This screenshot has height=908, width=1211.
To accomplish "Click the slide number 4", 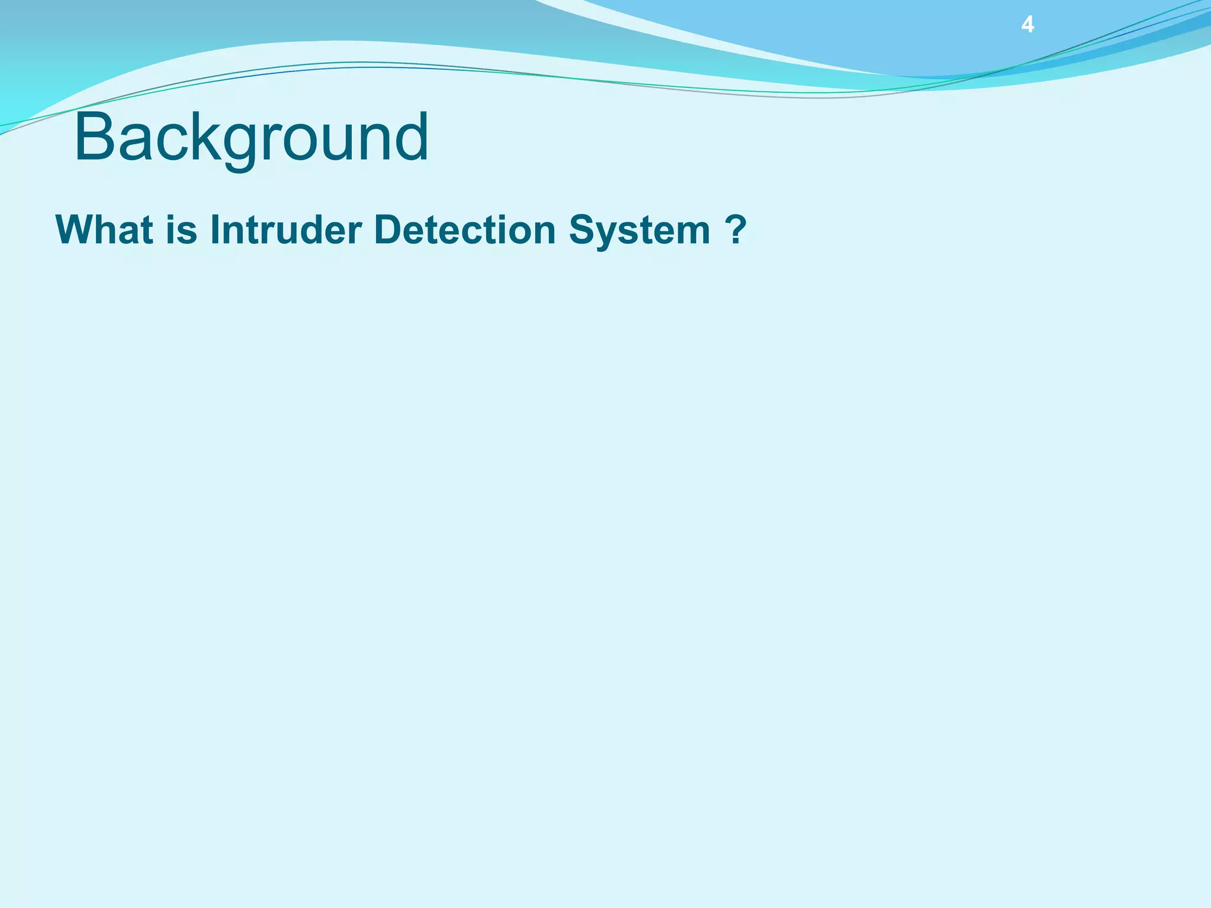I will pos(1028,25).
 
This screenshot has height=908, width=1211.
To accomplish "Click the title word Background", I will pos(251,137).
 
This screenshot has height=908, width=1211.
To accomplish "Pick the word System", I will pos(639,231).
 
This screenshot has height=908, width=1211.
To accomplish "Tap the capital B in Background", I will pos(95,137).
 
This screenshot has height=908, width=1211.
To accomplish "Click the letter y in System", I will pos(609,233).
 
